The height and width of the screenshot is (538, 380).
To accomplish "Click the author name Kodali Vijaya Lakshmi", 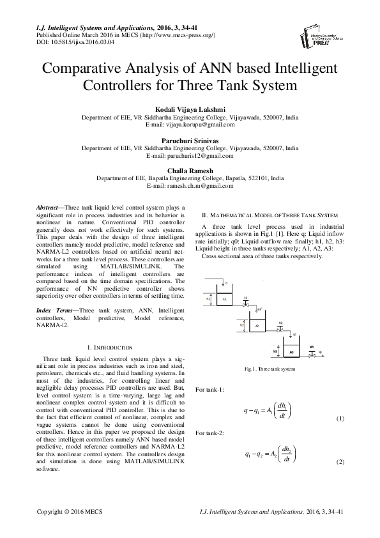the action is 189,109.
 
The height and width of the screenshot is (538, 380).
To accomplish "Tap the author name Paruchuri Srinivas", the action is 189,139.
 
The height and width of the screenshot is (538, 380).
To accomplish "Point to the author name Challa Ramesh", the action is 189,170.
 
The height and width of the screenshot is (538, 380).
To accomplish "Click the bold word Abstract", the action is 46,208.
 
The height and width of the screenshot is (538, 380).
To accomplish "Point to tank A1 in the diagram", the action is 225,298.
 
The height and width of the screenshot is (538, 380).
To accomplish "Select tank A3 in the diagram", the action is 291,351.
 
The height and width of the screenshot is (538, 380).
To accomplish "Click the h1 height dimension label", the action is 209,298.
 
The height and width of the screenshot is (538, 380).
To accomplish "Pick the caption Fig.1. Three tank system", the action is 270,369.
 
